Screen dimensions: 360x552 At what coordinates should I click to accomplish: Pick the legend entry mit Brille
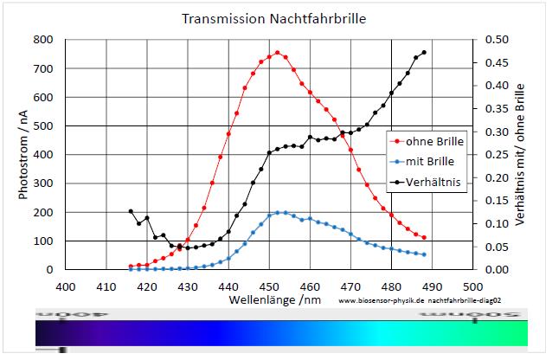pyautogui.click(x=430, y=162)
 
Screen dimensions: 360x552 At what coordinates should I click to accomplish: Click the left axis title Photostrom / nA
pyautogui.click(x=24, y=154)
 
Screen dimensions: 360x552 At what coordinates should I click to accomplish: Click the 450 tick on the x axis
pyautogui.click(x=269, y=285)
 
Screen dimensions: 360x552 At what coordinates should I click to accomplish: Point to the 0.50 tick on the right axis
pyautogui.click(x=497, y=40)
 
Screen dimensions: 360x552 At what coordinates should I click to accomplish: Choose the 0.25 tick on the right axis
pyautogui.click(x=497, y=155)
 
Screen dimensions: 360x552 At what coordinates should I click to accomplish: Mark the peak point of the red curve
pyautogui.click(x=278, y=53)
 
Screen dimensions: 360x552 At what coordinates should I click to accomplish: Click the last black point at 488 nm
pyautogui.click(x=424, y=52)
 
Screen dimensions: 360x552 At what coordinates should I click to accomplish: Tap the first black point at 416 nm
pyautogui.click(x=131, y=211)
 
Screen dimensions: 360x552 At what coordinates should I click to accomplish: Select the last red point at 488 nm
pyautogui.click(x=424, y=237)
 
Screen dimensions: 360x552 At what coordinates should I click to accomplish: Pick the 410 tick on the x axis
pyautogui.click(x=106, y=285)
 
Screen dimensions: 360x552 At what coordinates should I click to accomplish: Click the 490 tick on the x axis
pyautogui.click(x=432, y=285)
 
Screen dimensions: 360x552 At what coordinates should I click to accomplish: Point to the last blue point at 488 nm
pyautogui.click(x=424, y=254)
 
